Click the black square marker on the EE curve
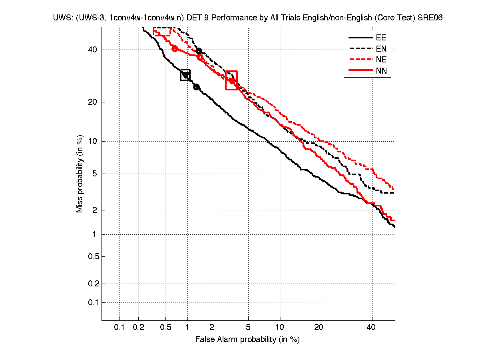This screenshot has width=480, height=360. coord(185,75)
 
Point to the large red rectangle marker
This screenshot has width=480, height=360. coord(231,80)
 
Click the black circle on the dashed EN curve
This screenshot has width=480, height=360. coord(199,51)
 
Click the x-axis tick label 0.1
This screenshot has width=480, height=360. coord(120,327)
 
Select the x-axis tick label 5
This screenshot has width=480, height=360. coord(248,327)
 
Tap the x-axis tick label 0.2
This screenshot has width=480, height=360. coord(139,327)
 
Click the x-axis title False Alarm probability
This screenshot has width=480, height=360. coord(247,340)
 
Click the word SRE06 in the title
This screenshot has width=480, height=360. coord(430,18)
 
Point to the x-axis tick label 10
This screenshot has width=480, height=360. coord(281,327)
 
